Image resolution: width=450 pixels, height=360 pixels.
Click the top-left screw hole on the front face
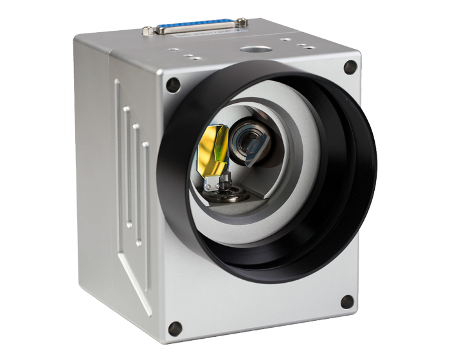[x=173, y=84]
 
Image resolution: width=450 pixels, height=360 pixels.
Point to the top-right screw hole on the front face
[x=350, y=66]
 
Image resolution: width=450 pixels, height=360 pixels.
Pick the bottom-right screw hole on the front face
[x=346, y=301]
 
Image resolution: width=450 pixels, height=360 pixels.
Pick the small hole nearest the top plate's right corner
[x=309, y=48]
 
